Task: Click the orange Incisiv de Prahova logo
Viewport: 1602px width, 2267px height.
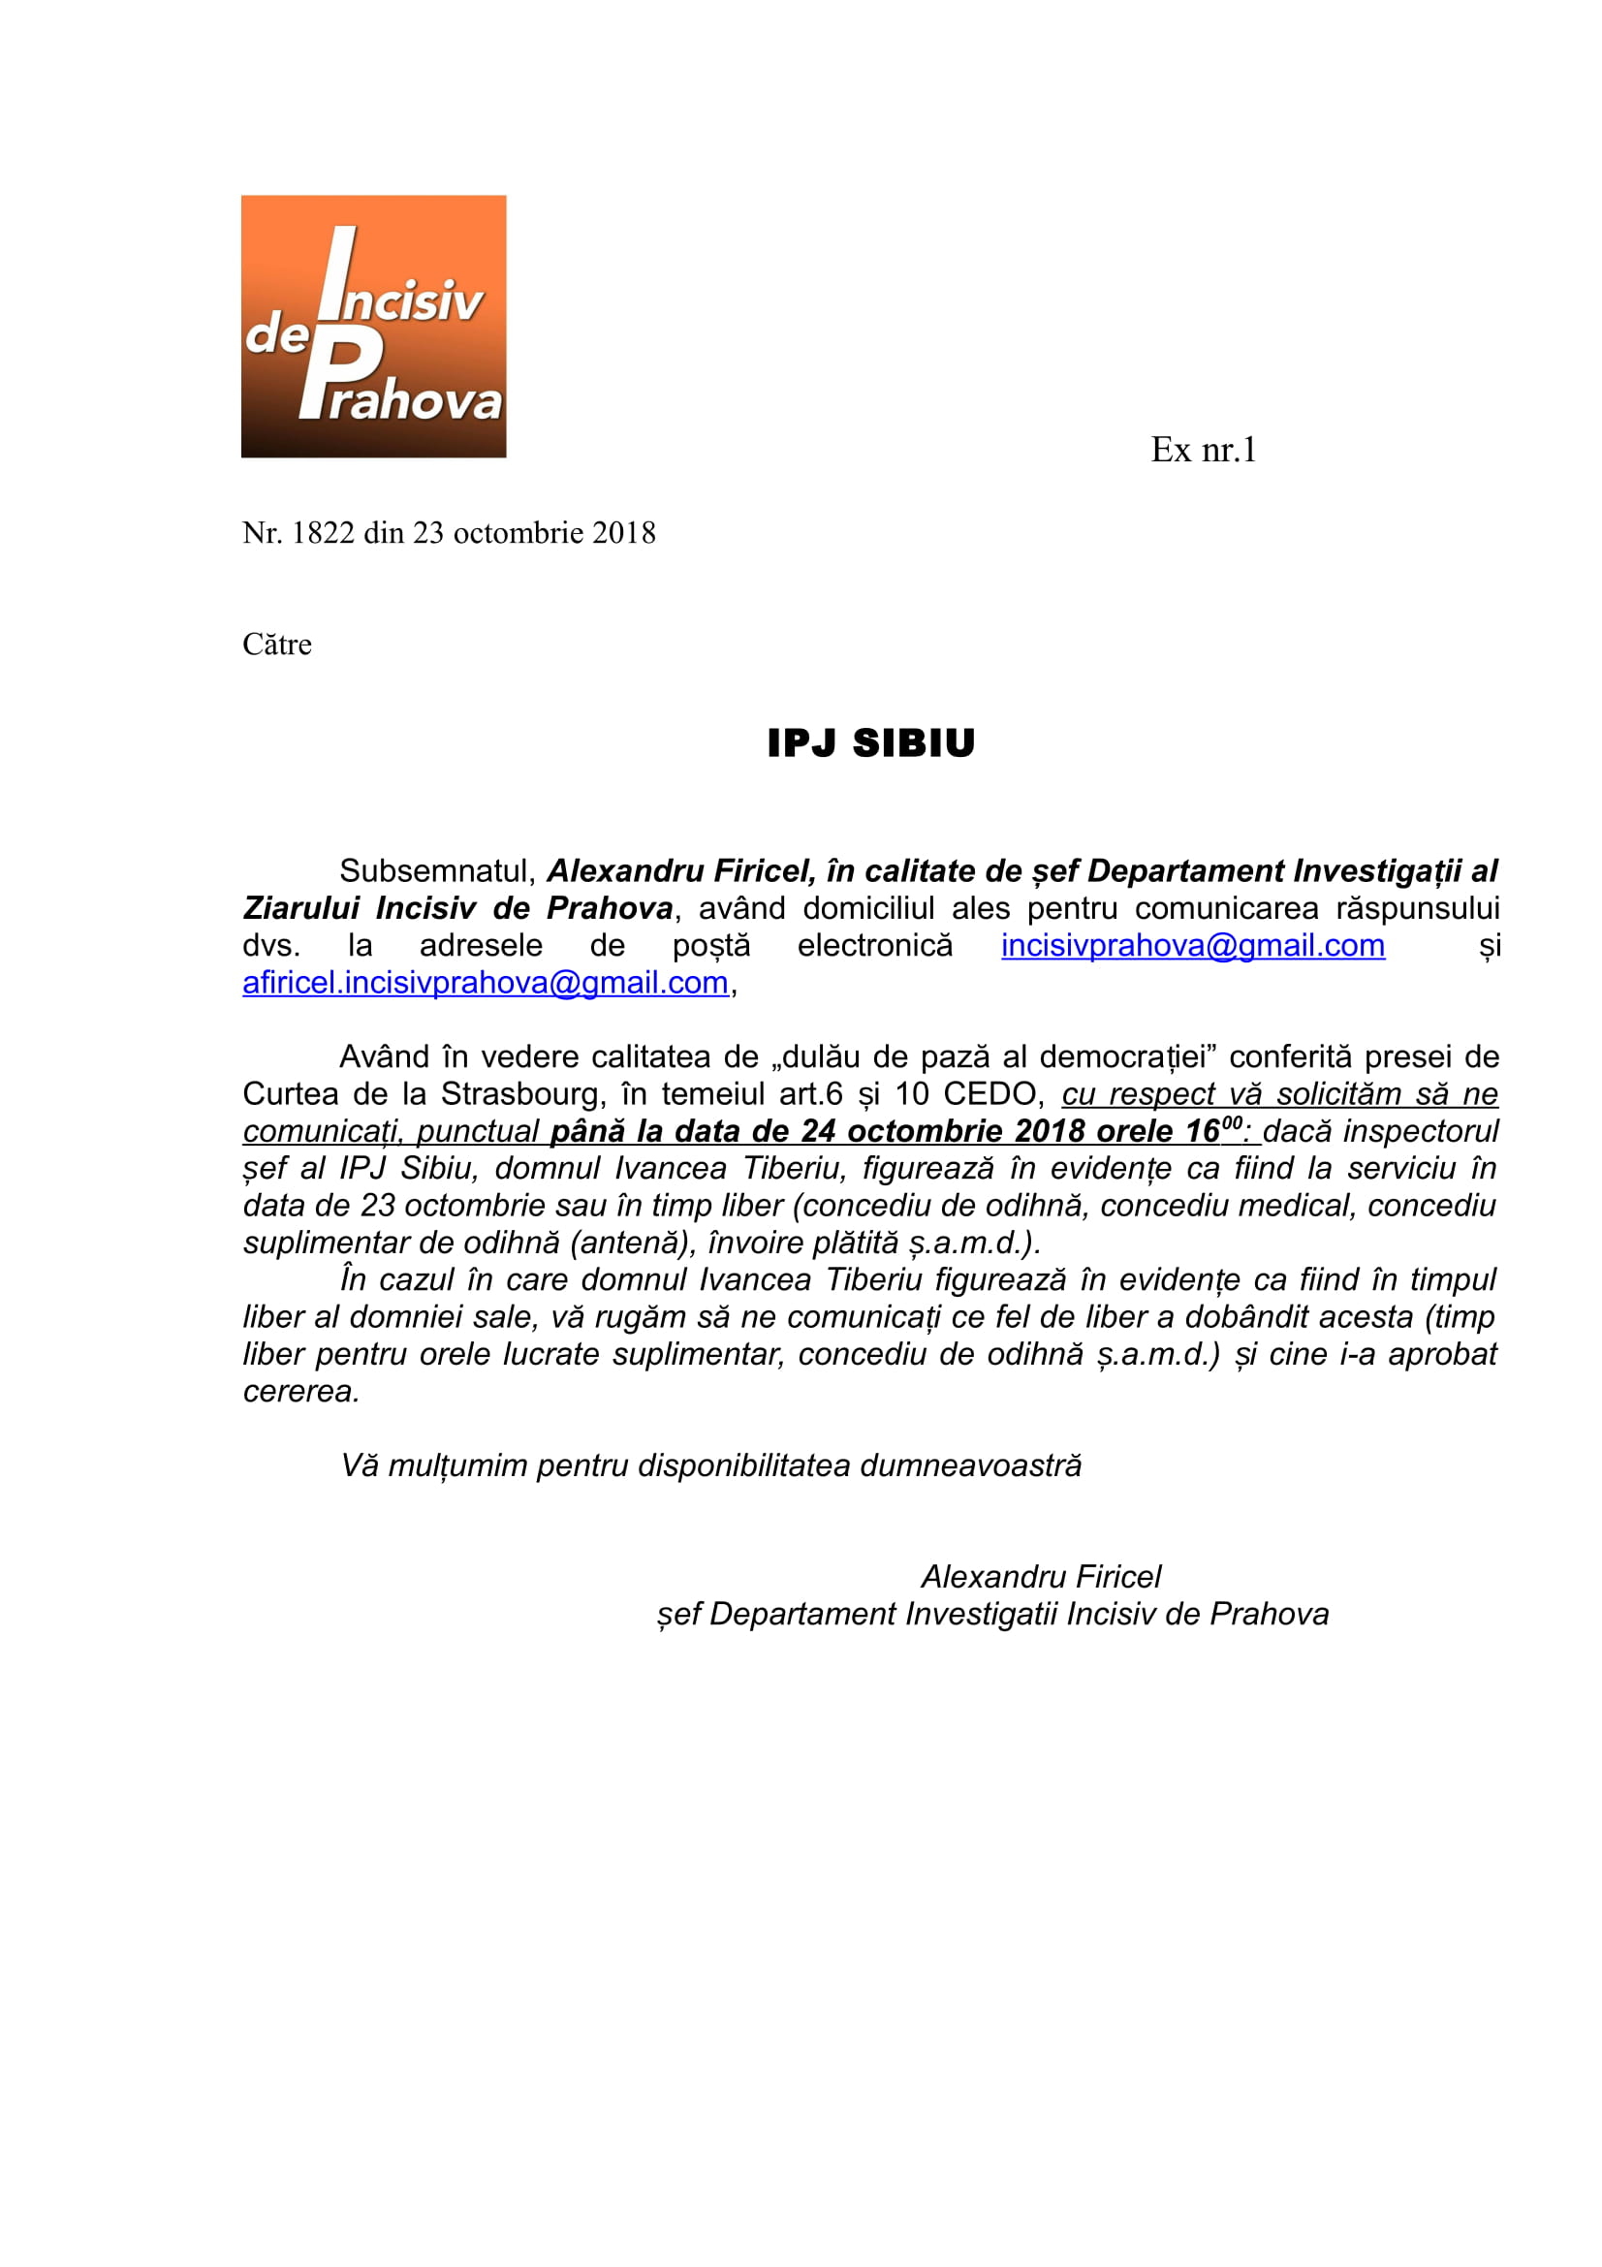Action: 373,326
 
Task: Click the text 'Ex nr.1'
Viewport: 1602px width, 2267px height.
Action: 1203,451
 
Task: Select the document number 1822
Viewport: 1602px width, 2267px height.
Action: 323,533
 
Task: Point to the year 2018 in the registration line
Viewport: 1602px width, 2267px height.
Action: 624,533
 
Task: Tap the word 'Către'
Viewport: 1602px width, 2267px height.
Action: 276,645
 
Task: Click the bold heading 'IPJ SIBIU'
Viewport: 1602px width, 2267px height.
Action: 870,743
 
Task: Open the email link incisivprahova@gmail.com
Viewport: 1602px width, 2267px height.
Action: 1192,946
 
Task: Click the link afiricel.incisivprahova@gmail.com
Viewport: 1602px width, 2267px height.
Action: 486,984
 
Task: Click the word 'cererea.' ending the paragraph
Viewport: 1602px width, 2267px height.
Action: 301,1391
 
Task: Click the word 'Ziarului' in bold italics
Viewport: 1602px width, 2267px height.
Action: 301,908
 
